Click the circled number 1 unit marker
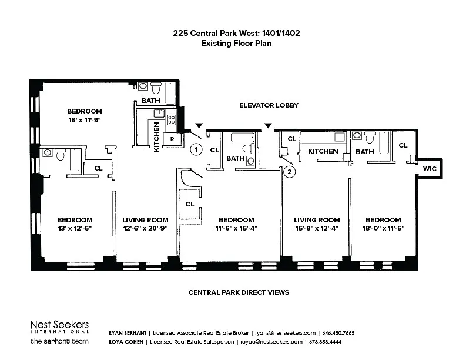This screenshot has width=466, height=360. (196, 149)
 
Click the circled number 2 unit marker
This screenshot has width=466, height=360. (290, 172)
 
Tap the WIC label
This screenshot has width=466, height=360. (430, 169)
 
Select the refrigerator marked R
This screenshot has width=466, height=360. (172, 139)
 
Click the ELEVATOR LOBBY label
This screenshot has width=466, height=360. (269, 105)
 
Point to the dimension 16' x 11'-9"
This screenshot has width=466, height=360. (85, 120)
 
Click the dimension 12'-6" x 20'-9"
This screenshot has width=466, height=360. (145, 228)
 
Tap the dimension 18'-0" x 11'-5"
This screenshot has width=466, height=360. (383, 228)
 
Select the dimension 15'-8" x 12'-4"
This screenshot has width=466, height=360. (317, 228)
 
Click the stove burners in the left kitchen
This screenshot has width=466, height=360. (171, 119)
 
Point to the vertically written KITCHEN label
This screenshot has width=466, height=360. (156, 137)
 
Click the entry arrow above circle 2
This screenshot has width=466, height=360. (268, 126)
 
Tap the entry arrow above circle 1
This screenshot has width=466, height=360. (199, 126)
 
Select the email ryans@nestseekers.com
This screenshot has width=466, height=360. (286, 333)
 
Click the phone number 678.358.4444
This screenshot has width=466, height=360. (325, 342)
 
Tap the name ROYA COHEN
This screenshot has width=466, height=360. (126, 342)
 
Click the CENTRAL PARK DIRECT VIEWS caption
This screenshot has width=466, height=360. (239, 292)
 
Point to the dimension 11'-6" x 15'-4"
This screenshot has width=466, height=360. (236, 228)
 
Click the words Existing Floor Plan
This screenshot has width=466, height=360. (236, 43)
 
